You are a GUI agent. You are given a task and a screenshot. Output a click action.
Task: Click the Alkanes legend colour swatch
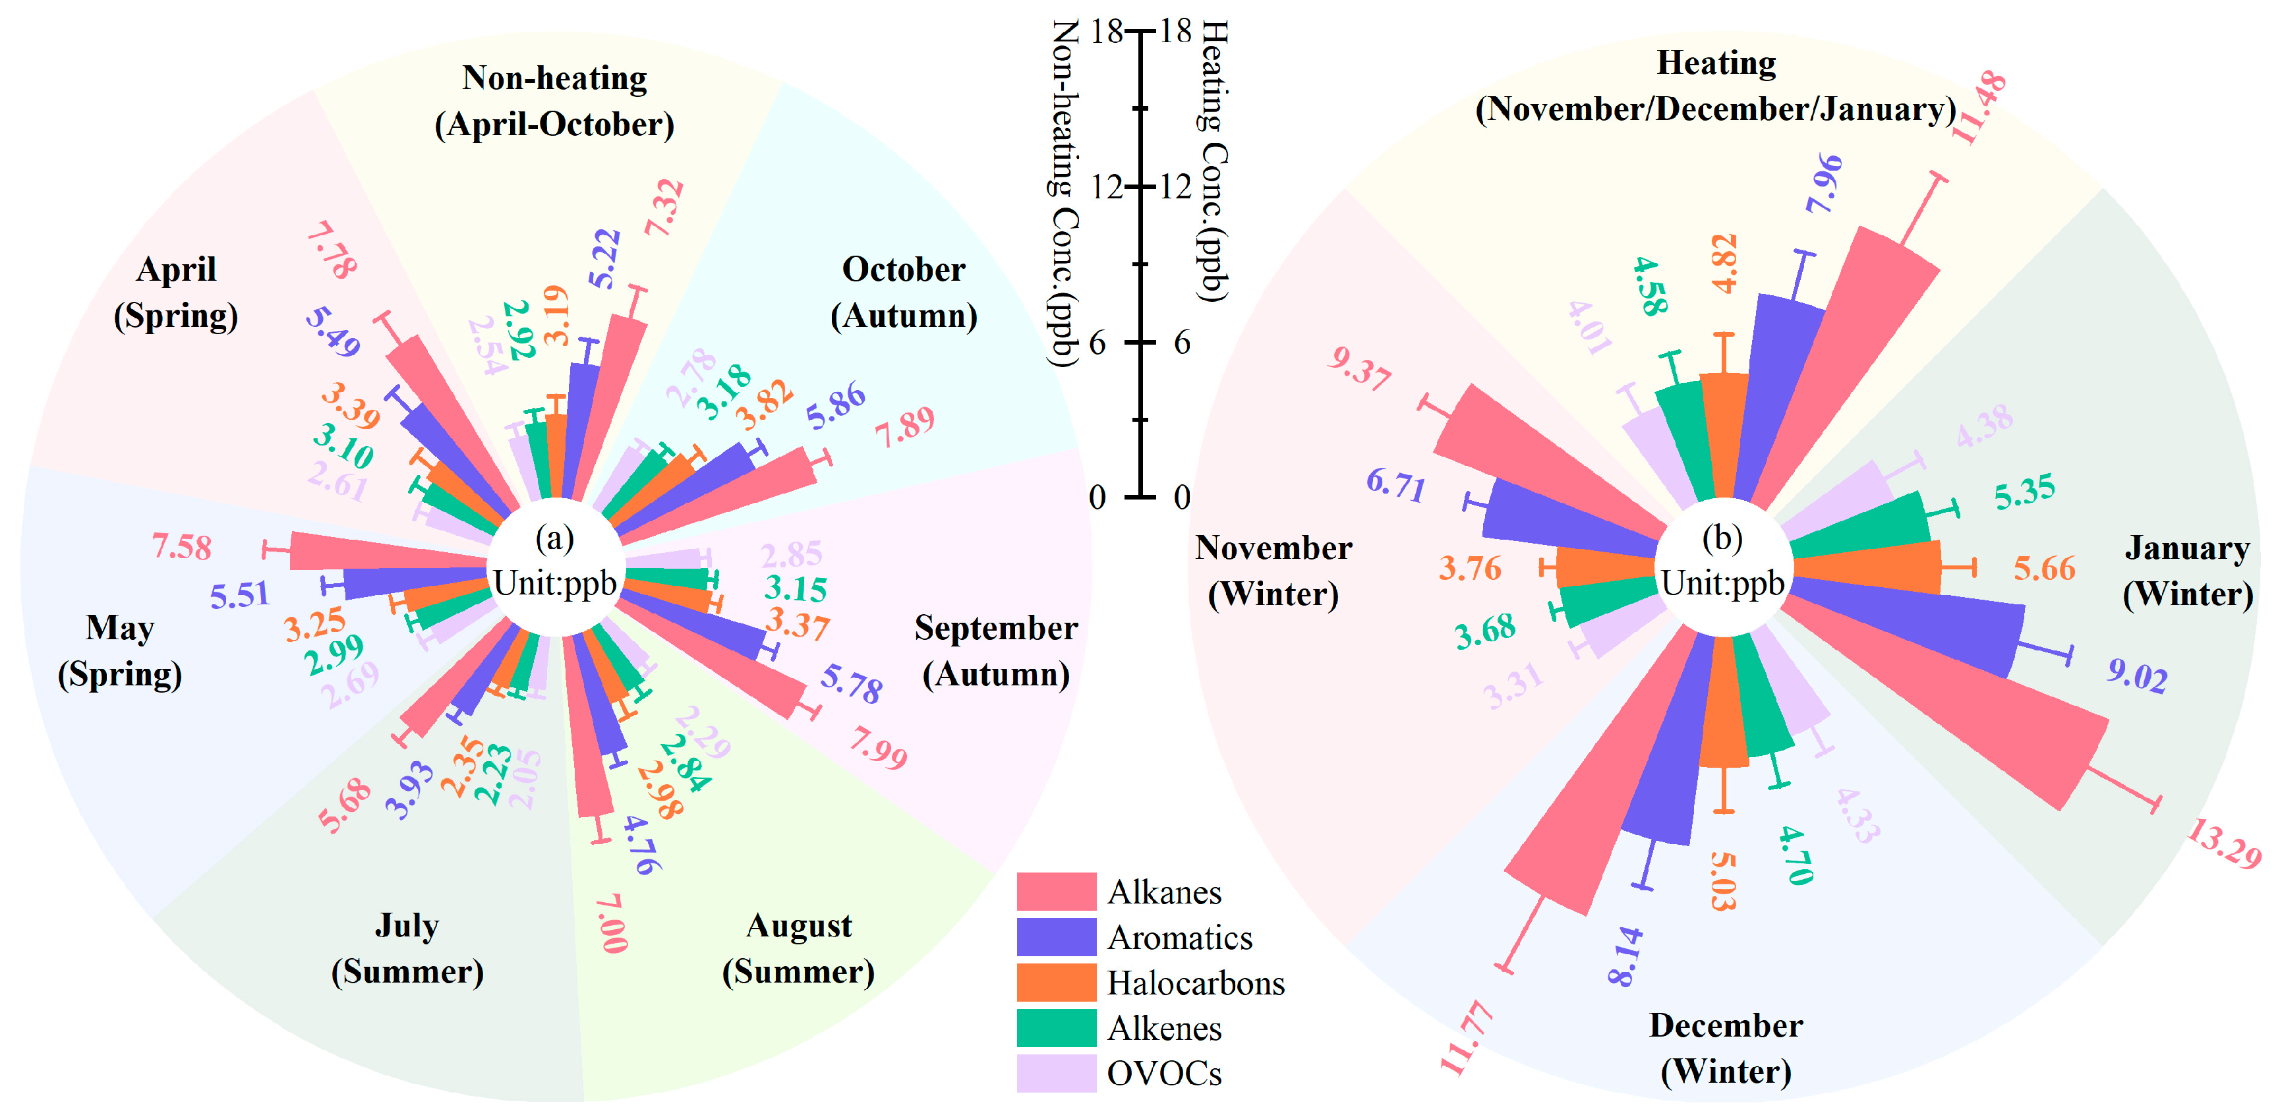(1056, 892)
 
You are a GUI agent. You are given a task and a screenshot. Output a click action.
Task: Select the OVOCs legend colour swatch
(1056, 1073)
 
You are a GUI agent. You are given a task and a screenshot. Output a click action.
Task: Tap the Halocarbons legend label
(1195, 983)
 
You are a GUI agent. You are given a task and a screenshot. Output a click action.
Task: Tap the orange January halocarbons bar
(1867, 567)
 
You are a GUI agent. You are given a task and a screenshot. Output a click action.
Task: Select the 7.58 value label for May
(181, 547)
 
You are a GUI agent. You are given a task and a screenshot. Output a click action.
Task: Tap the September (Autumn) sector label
(996, 650)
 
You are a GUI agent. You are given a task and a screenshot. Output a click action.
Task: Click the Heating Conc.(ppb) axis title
(1213, 159)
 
